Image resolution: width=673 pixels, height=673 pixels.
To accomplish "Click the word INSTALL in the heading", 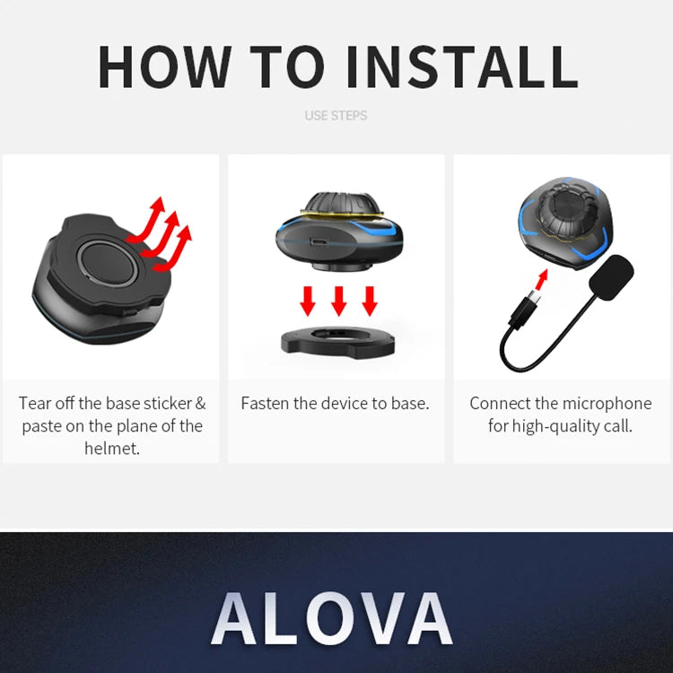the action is (x=462, y=66).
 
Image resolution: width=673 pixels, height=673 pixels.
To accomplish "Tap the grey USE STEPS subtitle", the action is (x=336, y=116).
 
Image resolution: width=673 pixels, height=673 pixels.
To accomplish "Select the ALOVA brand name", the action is (x=332, y=618).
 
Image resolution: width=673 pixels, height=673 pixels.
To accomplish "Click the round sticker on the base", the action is (x=108, y=263).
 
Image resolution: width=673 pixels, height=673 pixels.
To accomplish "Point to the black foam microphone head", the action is (x=612, y=277).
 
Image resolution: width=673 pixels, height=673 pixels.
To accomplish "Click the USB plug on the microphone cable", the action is (x=526, y=308).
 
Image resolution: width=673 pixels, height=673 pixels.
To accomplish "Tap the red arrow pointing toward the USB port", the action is (x=543, y=279).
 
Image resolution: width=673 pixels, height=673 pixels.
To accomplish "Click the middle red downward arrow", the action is (x=338, y=301).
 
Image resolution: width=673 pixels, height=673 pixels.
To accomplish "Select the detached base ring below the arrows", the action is (x=337, y=342).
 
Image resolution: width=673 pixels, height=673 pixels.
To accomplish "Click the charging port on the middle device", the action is (x=319, y=242).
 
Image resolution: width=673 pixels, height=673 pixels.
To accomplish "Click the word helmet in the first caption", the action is (x=112, y=449).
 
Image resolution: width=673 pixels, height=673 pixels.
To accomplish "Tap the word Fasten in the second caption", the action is (x=265, y=404).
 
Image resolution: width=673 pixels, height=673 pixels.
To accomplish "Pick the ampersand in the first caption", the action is (x=200, y=404).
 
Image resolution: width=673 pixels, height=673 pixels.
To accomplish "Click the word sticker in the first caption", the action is (x=168, y=404).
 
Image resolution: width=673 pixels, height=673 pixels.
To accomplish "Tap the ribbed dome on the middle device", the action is (x=340, y=203).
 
